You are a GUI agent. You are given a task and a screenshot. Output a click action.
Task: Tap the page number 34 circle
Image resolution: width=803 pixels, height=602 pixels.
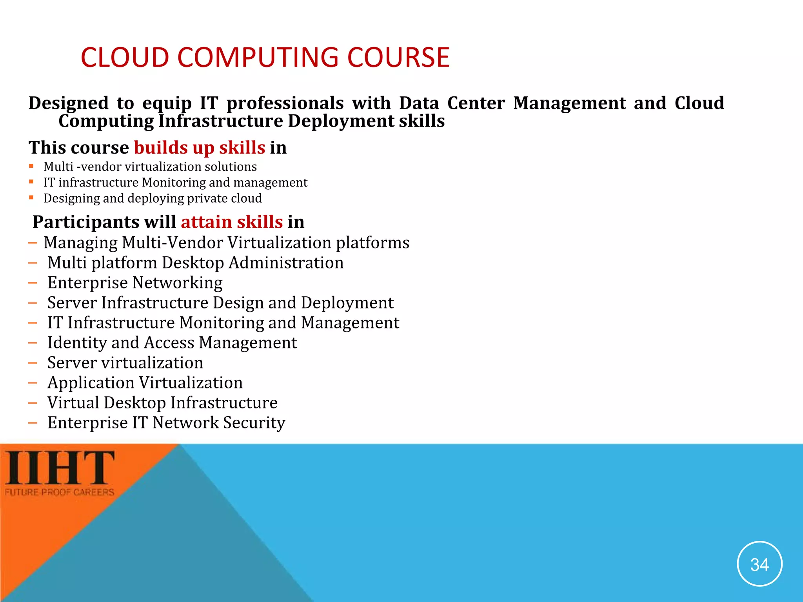click(x=759, y=564)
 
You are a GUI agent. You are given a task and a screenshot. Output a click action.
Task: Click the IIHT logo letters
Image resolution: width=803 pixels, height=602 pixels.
click(x=60, y=468)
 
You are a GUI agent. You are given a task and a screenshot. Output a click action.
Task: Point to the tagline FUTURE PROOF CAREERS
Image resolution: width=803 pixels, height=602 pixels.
click(x=60, y=492)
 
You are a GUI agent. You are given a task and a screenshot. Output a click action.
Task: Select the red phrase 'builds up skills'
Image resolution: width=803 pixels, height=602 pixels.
click(x=200, y=148)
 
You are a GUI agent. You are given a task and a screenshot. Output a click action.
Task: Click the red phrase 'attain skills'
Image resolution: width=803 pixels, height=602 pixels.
click(x=232, y=222)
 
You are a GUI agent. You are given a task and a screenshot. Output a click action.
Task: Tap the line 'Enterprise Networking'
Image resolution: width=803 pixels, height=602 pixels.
click(x=135, y=283)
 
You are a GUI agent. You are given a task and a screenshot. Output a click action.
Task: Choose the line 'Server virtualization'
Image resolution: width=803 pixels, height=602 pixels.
click(x=125, y=363)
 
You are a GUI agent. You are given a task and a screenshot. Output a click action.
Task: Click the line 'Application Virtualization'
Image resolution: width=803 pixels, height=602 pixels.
click(x=145, y=383)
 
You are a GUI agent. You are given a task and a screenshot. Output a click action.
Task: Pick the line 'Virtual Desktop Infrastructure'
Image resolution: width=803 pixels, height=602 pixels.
click(x=162, y=403)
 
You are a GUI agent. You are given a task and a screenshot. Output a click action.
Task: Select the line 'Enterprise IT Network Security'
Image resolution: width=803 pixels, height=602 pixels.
click(x=166, y=422)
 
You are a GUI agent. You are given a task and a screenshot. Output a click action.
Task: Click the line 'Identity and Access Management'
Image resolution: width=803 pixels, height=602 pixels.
click(x=172, y=343)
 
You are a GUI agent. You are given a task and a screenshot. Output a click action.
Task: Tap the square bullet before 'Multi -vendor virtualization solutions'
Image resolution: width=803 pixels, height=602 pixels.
click(x=31, y=166)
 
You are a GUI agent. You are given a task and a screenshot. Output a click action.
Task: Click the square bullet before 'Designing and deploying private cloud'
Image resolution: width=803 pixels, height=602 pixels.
click(x=31, y=198)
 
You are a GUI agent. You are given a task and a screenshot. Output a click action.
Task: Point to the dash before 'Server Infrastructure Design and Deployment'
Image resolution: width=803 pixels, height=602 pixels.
click(x=33, y=303)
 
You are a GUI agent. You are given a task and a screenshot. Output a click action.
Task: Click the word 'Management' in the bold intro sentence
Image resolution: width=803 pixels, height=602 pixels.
click(x=569, y=103)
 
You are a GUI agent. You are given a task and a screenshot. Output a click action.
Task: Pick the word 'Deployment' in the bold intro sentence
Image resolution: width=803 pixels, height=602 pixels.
click(x=341, y=121)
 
